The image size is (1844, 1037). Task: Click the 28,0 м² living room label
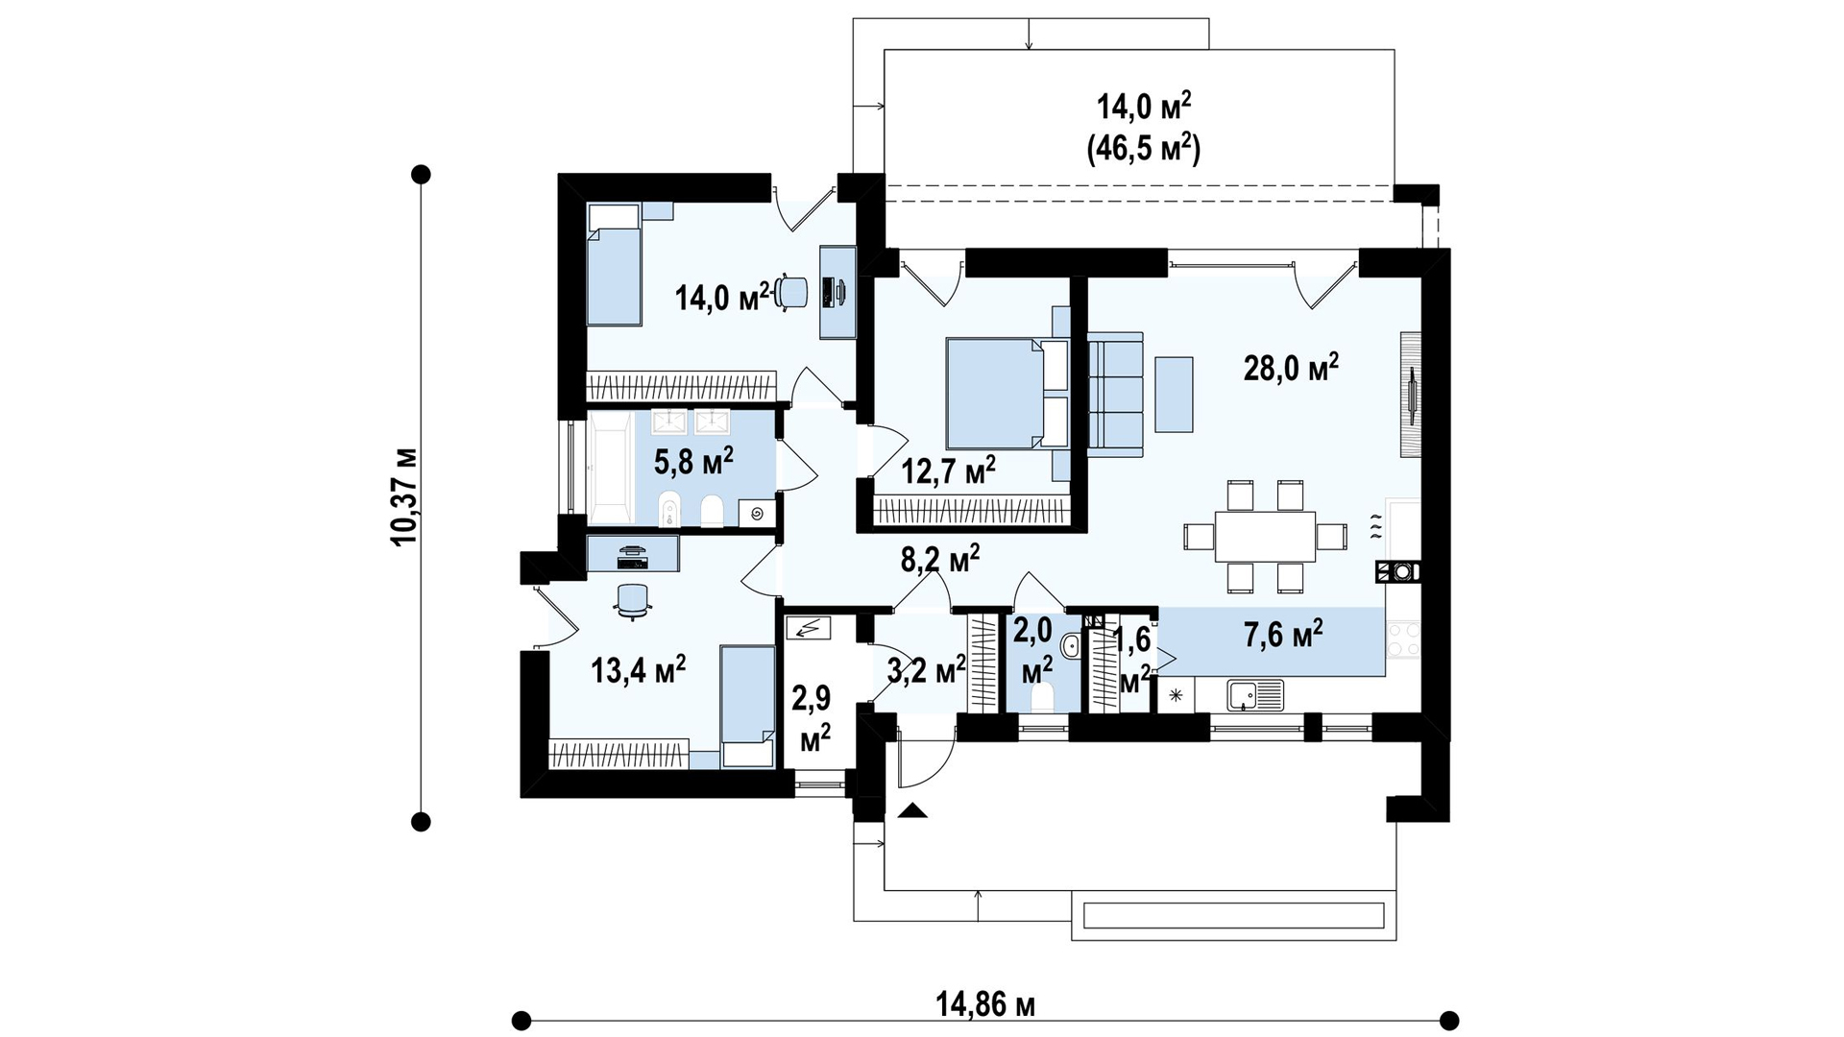click(1291, 367)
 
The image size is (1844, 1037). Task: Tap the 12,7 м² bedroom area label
click(948, 470)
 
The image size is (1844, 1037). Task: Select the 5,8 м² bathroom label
click(693, 461)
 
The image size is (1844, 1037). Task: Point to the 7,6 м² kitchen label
click(1283, 634)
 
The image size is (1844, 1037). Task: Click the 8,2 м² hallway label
click(940, 559)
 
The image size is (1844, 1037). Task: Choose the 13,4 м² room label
click(639, 669)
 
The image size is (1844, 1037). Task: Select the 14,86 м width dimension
click(985, 1005)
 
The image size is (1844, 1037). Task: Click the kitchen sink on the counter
click(1255, 694)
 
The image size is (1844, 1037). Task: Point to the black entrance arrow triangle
click(914, 810)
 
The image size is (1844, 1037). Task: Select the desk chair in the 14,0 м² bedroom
click(792, 292)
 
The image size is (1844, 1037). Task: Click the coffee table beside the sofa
click(1175, 394)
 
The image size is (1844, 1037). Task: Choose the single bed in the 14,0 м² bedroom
click(614, 263)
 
